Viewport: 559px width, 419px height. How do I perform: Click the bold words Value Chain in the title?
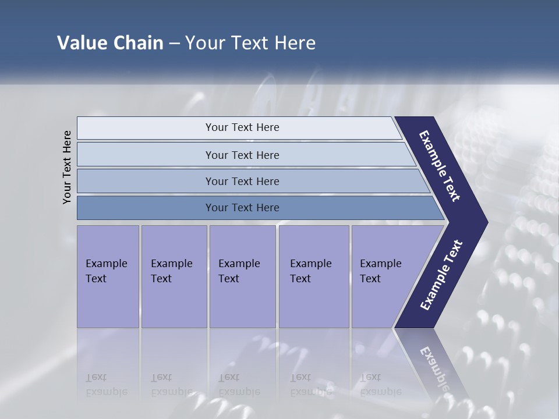click(110, 43)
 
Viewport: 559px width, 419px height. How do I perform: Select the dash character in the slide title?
click(174, 43)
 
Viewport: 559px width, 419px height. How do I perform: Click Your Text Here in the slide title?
click(250, 43)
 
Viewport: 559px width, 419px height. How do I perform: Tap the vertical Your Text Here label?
click(67, 167)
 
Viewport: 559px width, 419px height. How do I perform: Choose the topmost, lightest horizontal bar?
click(242, 127)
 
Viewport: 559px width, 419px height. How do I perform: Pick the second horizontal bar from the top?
click(242, 155)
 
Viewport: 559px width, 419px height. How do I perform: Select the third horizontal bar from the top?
click(242, 181)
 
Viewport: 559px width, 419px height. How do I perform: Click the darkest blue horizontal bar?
click(242, 208)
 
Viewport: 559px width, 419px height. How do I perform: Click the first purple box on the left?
click(108, 276)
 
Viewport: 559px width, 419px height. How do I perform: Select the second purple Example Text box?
click(174, 276)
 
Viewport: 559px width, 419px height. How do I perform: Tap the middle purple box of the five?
click(242, 276)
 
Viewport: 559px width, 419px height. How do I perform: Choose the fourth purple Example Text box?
click(313, 276)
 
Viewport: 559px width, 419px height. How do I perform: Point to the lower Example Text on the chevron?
click(441, 275)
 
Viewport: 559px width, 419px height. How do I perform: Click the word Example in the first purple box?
click(106, 264)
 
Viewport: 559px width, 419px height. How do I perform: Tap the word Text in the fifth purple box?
click(370, 279)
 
